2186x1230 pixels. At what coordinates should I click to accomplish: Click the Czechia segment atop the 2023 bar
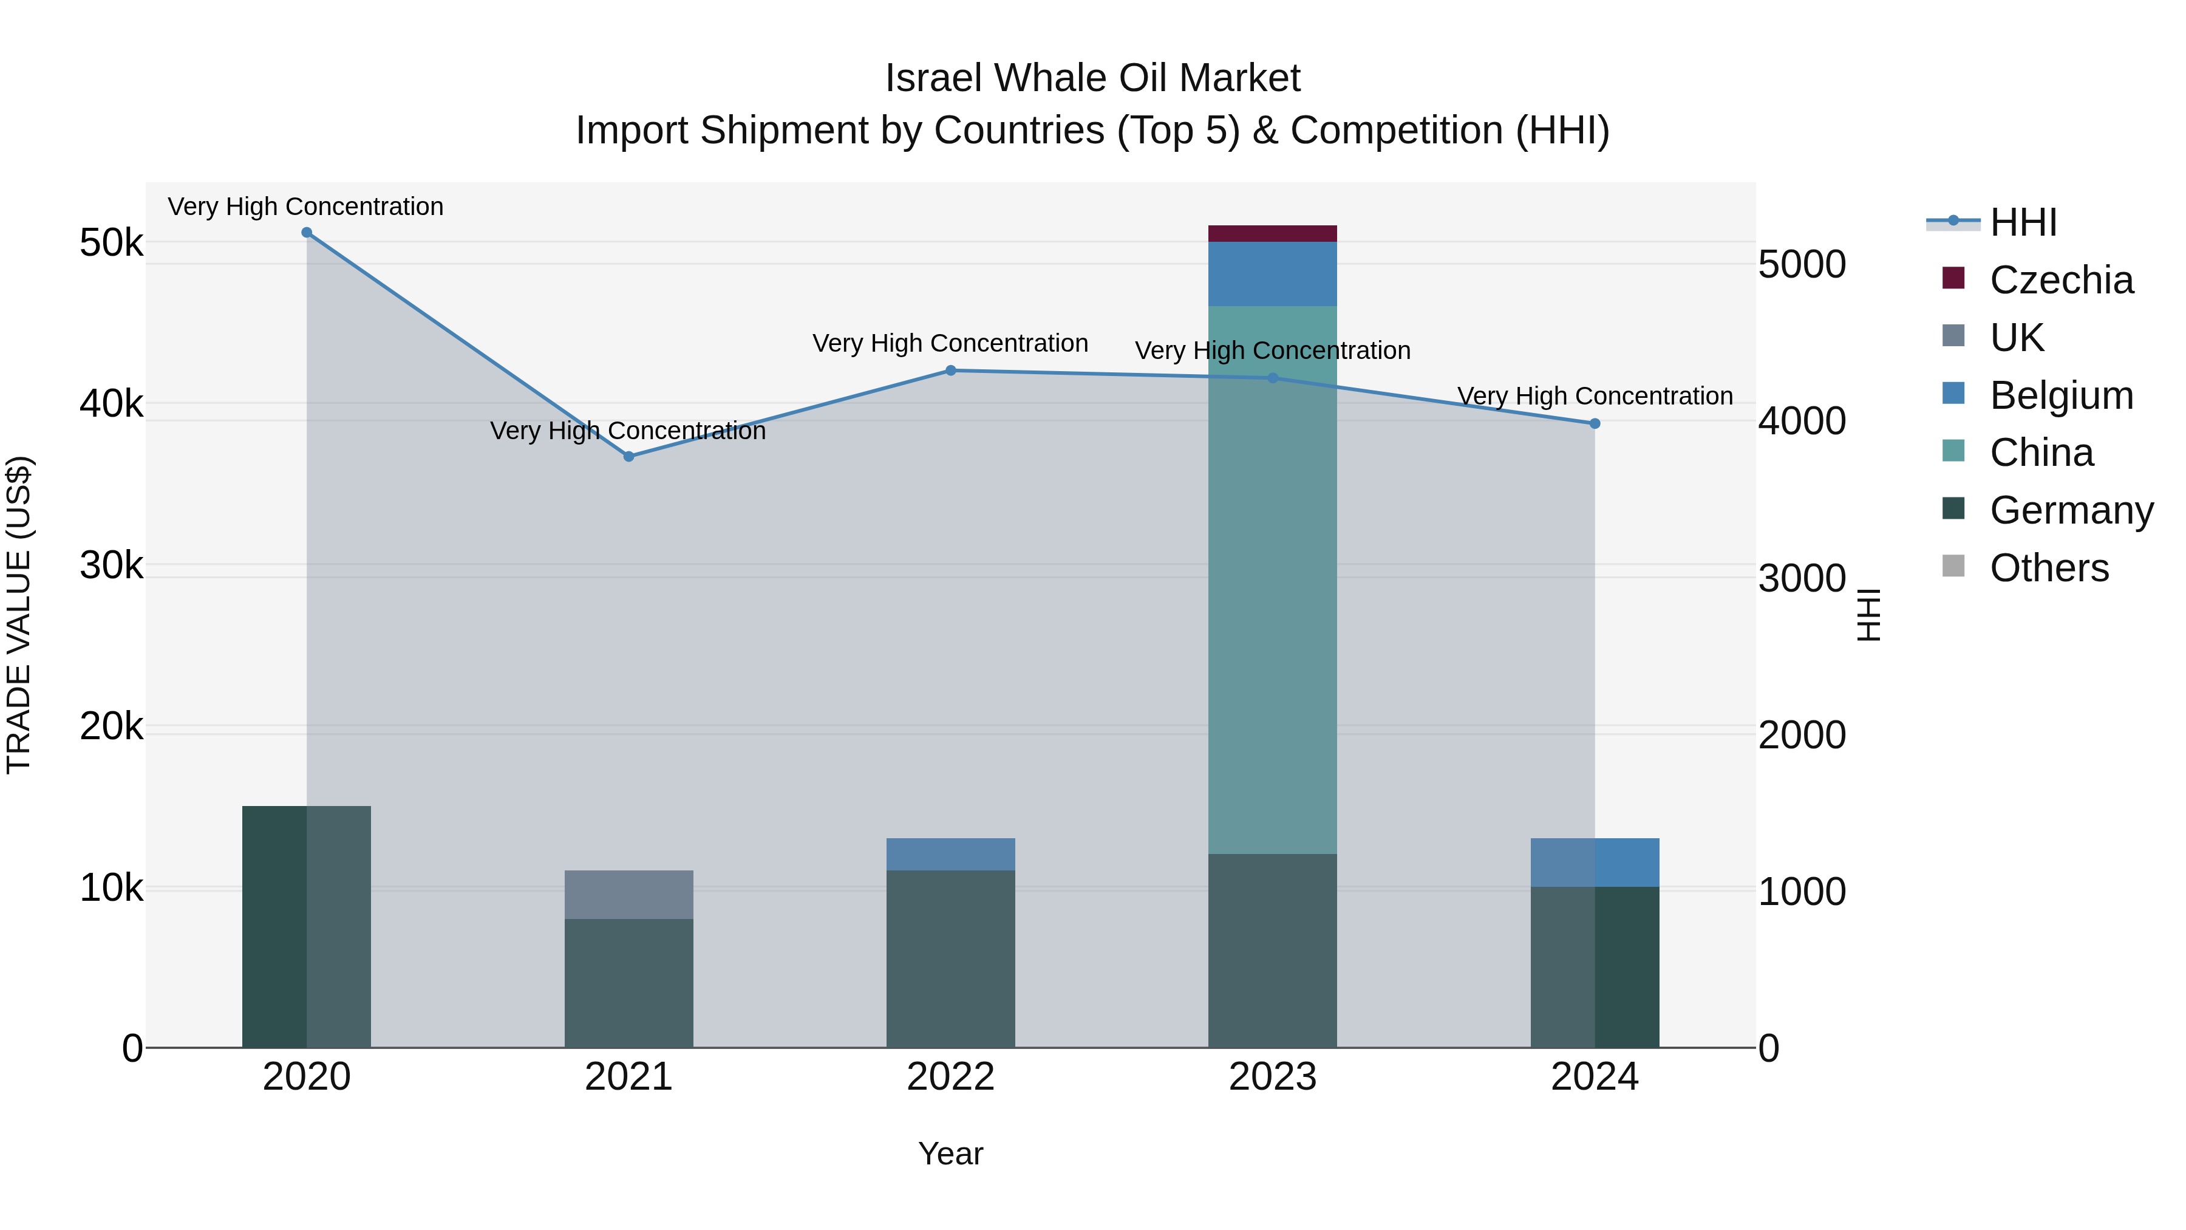pos(1272,233)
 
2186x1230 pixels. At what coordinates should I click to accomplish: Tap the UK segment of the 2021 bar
pos(629,894)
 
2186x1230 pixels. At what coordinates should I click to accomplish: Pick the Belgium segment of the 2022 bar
pos(950,854)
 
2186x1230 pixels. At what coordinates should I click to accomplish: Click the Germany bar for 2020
pos(307,926)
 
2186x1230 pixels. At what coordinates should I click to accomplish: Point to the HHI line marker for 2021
pos(629,457)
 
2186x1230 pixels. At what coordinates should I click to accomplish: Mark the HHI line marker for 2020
pos(307,233)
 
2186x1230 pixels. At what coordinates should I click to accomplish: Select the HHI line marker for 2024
pos(1595,423)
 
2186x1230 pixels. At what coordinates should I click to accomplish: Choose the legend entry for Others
pos(2049,568)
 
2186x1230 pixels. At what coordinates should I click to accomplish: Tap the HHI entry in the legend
pos(2023,222)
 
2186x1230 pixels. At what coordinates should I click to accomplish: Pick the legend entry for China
pos(2041,453)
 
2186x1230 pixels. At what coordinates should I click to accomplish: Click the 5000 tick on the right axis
pos(1802,265)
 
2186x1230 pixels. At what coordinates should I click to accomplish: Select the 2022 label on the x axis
pos(950,1077)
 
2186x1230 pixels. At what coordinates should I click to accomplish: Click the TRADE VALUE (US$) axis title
pos(19,615)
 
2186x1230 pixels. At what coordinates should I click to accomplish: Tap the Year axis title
pos(950,1153)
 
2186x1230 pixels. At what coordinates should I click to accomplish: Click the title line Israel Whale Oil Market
pos(1092,78)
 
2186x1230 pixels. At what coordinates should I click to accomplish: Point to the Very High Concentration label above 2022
pos(950,344)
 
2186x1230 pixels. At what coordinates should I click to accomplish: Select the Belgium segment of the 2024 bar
pos(1595,863)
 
